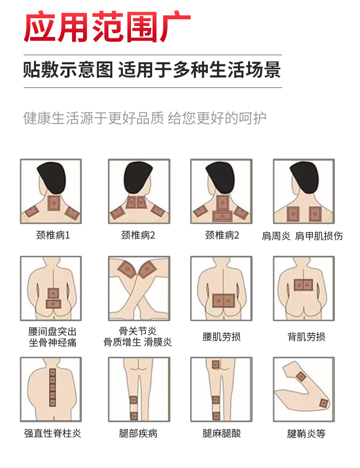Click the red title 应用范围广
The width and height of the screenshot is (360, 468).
107,26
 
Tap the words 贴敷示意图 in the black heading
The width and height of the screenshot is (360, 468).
68,71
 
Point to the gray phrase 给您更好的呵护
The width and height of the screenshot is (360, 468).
217,118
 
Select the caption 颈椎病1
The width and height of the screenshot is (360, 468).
53,235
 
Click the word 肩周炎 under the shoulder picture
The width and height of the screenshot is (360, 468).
276,236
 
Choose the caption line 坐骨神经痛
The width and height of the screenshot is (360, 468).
52,342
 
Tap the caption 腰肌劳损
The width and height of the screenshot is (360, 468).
221,336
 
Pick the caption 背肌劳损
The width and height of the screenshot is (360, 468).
306,336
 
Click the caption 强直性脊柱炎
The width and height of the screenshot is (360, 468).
52,433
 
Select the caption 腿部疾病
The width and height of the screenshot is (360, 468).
138,433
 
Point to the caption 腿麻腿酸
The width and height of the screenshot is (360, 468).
221,433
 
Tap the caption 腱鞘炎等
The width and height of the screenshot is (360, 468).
306,433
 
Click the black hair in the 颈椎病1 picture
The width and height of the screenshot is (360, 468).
51,178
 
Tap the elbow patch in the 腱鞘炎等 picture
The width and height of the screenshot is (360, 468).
324,404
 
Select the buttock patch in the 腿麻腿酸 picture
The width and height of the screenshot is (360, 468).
216,364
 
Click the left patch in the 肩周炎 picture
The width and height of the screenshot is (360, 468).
293,214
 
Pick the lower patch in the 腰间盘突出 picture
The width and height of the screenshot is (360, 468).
53,304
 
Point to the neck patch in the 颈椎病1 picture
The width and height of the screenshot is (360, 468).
54,203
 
